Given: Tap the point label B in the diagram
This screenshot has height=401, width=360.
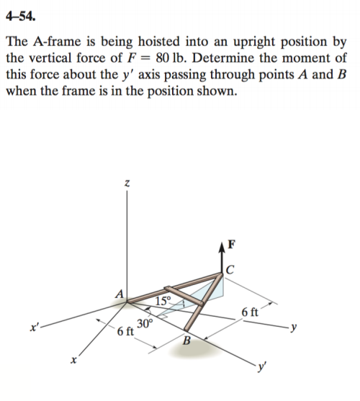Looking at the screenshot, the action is tap(186, 341).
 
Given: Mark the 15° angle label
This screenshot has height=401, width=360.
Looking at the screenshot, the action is tap(163, 299).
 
